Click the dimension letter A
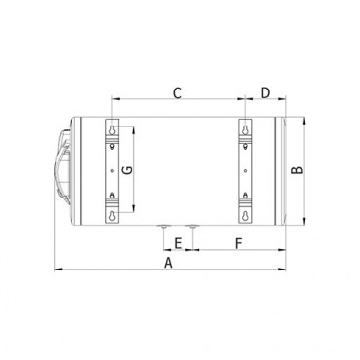click(x=168, y=263)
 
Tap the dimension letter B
click(x=297, y=170)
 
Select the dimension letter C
click(x=177, y=93)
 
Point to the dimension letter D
click(x=265, y=93)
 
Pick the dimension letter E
click(x=178, y=243)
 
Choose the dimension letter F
click(x=239, y=243)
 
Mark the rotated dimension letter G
click(x=126, y=170)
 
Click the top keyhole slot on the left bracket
click(x=113, y=129)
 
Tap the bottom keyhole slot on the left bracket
click(x=113, y=215)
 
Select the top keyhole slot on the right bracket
click(x=245, y=129)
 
